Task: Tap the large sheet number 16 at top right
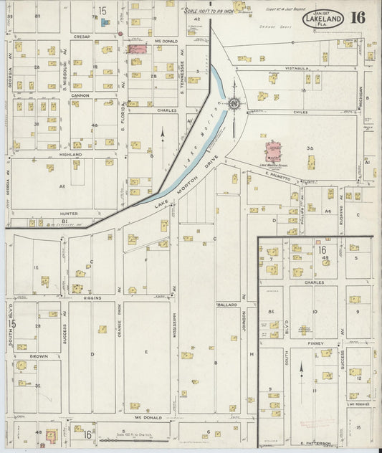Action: (x=358, y=18)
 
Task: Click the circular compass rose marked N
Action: (x=234, y=105)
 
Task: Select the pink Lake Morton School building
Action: (x=273, y=151)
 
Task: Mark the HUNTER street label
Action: (x=70, y=213)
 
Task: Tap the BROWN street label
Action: (x=39, y=356)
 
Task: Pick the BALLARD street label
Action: (x=226, y=305)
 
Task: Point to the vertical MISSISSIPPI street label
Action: (x=174, y=328)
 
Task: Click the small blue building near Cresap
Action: (x=105, y=22)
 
